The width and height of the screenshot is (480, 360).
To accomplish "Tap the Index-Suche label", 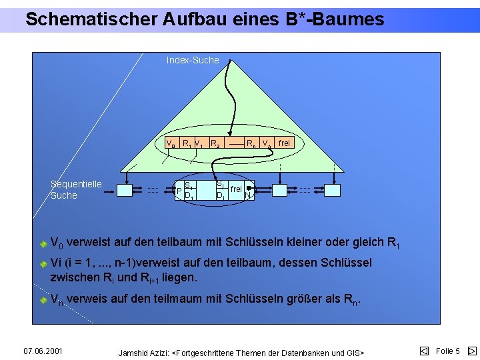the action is coord(193,60).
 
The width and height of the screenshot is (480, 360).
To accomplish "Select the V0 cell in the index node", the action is coord(171,143).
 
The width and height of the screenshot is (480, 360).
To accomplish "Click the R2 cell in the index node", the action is coord(215,143).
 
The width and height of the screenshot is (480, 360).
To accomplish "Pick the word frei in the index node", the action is coord(284,143).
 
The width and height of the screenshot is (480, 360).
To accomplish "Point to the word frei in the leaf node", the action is coord(236,189).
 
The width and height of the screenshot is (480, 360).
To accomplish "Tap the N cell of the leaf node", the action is coord(248,195).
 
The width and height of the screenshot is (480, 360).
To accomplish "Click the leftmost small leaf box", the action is coord(125,190).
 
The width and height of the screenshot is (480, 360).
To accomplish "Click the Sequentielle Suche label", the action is coord(76,189).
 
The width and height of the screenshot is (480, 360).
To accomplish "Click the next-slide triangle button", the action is coord(472,351).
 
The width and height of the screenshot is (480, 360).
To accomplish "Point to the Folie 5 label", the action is coord(447,351).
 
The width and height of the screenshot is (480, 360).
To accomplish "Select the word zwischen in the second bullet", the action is coord(73,277).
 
